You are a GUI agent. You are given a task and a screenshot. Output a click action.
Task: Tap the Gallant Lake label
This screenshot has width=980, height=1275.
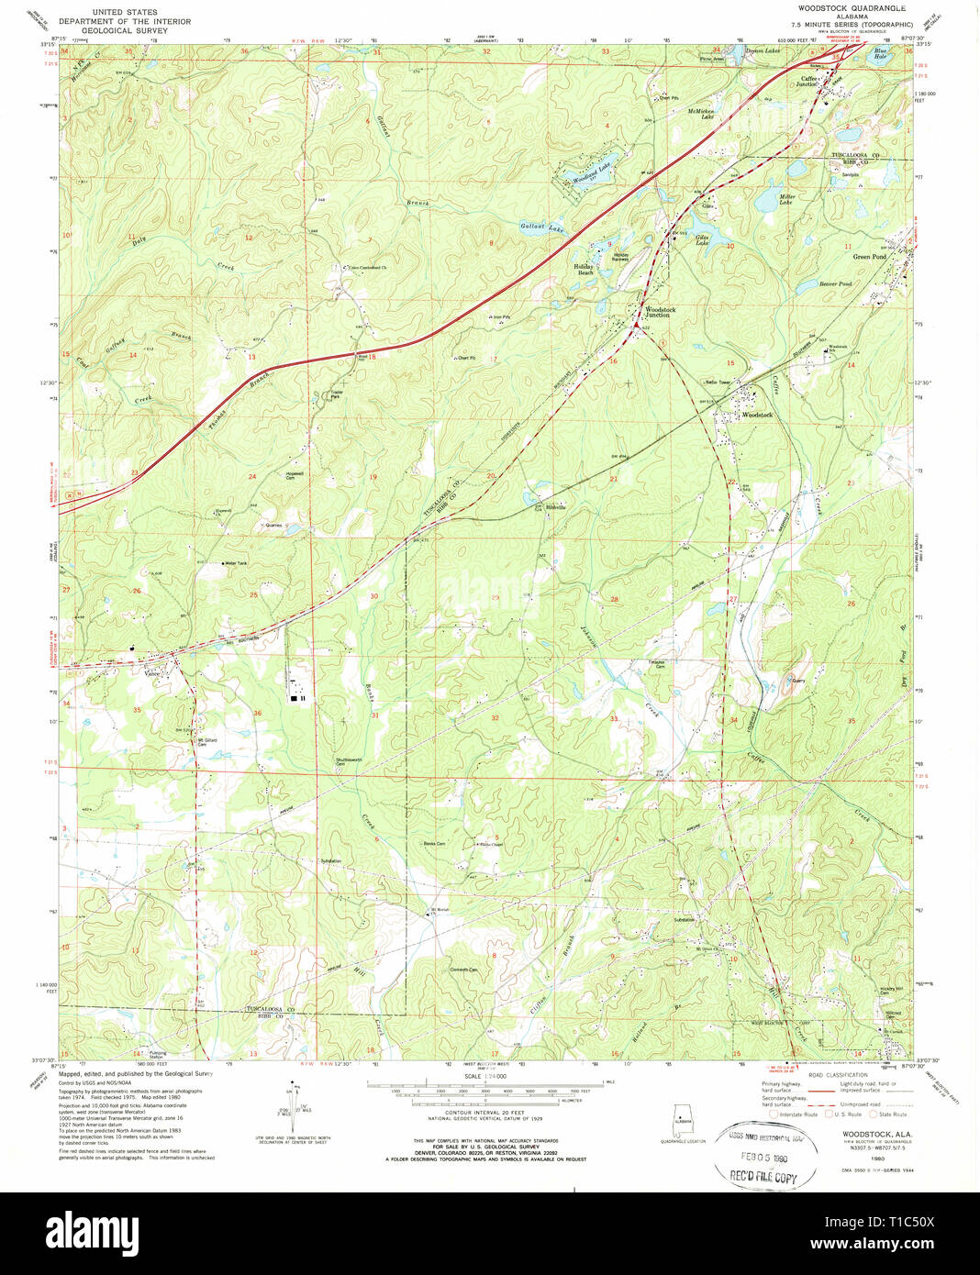[x=542, y=227]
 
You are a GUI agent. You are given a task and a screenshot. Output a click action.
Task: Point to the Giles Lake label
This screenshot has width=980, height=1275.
[x=702, y=240]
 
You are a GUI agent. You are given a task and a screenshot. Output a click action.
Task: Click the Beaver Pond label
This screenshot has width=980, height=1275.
[x=835, y=284]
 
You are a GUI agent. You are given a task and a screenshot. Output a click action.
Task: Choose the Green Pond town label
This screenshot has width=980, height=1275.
[x=869, y=257]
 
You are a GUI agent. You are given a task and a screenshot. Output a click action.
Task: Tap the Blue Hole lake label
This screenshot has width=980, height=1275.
[x=881, y=55]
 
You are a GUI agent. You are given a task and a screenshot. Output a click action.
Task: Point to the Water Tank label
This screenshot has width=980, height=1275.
[x=236, y=563]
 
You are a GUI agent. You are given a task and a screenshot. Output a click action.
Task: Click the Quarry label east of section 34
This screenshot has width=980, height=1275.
[x=797, y=681]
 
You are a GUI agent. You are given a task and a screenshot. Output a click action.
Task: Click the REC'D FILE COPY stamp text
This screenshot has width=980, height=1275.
[x=763, y=1177]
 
